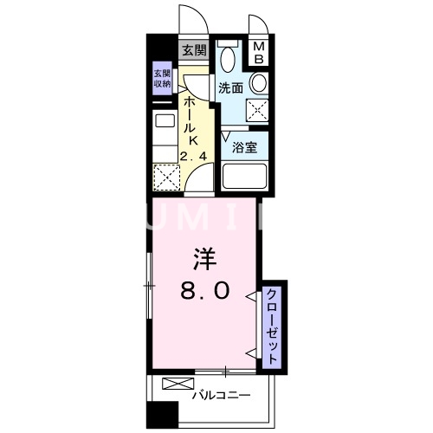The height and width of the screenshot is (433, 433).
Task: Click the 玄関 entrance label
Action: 193,50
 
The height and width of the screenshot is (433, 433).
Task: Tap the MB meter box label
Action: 259,53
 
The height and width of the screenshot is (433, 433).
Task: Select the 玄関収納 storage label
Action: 163,79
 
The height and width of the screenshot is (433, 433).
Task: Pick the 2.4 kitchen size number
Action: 194,157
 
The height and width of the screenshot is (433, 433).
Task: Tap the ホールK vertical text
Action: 190,121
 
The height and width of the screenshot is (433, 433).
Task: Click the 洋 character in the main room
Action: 204,258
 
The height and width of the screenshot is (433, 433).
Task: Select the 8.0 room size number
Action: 204,291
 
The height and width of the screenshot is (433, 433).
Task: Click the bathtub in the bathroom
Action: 245,176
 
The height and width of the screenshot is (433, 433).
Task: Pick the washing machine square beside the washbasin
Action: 257,110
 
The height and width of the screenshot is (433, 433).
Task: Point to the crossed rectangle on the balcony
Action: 173,384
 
